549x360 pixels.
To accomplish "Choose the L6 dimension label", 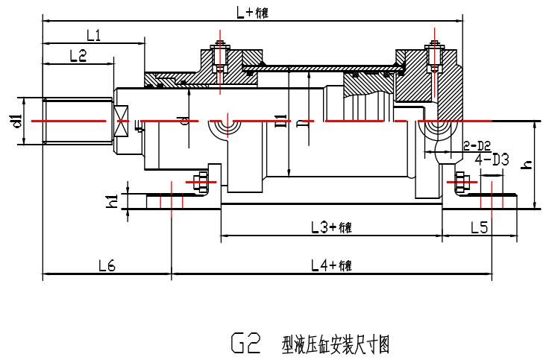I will pyautogui.click(x=106, y=265).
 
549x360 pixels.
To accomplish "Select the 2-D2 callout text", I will pyautogui.click(x=477, y=144).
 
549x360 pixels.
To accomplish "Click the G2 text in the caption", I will pyautogui.click(x=244, y=344).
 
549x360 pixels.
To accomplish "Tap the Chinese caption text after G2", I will pyautogui.click(x=336, y=344).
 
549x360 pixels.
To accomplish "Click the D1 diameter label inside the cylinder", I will pyautogui.click(x=280, y=121).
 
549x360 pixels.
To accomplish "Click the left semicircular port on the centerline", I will pyautogui.click(x=223, y=129).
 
